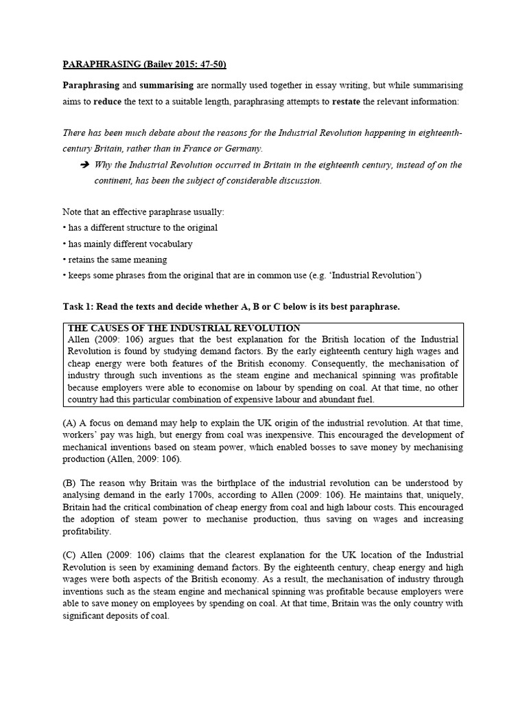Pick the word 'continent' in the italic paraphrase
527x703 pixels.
coord(114,181)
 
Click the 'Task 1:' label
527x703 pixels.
coord(81,306)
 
